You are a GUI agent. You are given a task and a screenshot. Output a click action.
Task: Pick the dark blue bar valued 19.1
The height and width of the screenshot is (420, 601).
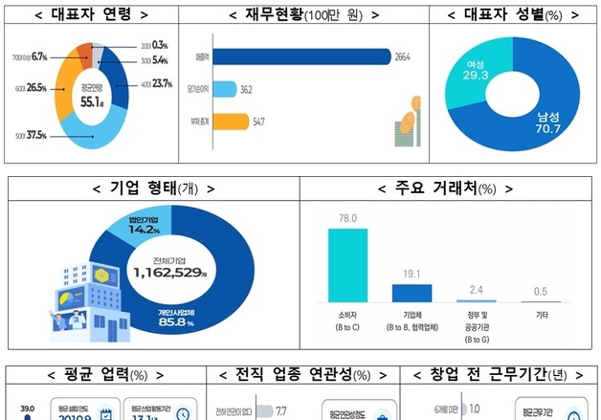[412, 292]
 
